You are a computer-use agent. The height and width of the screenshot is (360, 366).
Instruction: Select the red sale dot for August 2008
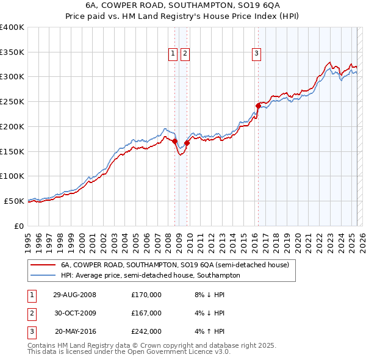pos(175,141)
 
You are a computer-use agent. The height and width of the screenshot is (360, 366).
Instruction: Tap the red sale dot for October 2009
pos(187,143)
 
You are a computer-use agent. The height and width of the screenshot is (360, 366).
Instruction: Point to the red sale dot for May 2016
pos(258,106)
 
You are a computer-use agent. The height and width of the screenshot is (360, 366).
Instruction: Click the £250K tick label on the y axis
pos(12,101)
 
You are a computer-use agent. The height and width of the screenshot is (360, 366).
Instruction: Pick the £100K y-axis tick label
pos(12,176)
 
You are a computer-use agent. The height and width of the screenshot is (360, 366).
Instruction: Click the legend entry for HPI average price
pos(150,275)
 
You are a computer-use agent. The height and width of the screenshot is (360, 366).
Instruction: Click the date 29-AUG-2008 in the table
pos(74,295)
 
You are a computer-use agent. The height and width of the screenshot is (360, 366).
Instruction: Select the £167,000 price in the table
pos(146,313)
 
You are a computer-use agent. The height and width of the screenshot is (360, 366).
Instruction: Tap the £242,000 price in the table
pos(146,331)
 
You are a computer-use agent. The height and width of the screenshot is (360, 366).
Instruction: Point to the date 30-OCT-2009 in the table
pos(74,313)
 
